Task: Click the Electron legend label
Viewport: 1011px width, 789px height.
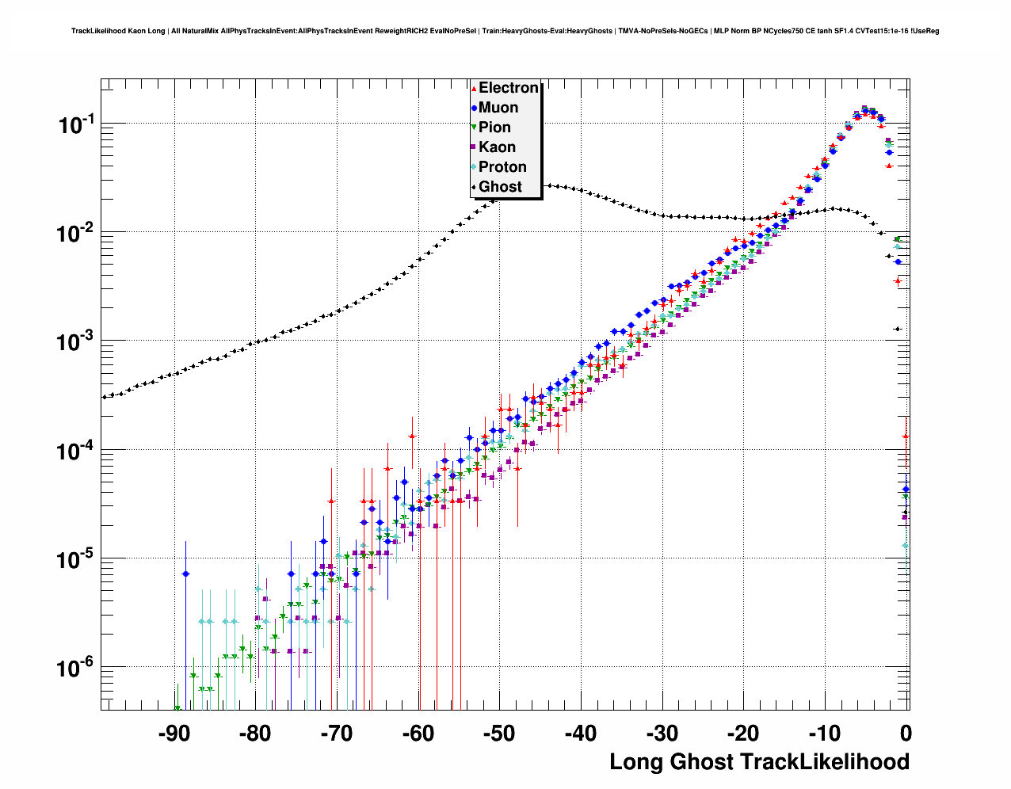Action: pos(509,88)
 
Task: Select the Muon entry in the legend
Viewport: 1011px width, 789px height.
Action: pos(498,108)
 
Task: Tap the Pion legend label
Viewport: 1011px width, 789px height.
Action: pos(494,128)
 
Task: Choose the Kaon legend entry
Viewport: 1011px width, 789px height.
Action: pos(497,147)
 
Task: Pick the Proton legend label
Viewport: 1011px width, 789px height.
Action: pos(502,167)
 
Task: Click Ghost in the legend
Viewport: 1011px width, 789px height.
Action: pos(500,187)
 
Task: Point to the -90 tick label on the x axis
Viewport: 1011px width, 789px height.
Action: pos(174,734)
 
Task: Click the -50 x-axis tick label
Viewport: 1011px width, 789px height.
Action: pos(499,734)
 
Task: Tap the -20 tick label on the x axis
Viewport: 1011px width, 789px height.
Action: pos(743,734)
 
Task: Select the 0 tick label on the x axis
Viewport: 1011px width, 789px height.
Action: pos(906,734)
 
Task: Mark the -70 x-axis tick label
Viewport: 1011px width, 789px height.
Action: pos(336,734)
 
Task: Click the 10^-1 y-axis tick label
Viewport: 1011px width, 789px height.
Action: pos(76,124)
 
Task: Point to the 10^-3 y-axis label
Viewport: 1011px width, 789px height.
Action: pos(76,342)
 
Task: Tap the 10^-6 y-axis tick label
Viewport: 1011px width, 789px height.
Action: pos(76,669)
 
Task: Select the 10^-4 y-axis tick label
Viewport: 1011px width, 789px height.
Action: pos(76,451)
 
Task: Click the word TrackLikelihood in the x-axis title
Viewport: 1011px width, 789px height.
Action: pos(824,762)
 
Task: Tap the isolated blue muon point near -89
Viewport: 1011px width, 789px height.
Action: pos(185,574)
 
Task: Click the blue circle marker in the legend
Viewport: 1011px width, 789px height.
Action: pos(474,108)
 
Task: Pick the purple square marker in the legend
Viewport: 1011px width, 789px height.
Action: pos(474,147)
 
